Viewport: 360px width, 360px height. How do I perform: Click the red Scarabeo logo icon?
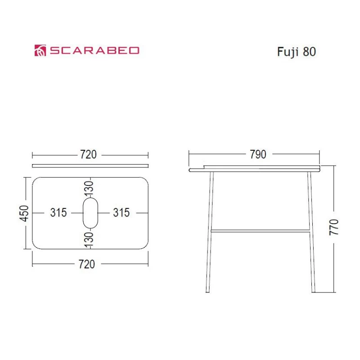(40, 50)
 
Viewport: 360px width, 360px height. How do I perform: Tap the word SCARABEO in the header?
(94, 50)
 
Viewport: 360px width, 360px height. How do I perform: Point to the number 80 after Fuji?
(310, 52)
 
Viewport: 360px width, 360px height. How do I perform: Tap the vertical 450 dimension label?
(25, 213)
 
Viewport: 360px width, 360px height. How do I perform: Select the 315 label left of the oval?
(58, 212)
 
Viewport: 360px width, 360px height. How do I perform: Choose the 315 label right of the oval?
(121, 212)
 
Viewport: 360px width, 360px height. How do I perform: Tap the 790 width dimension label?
(258, 154)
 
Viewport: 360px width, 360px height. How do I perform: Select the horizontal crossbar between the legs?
(260, 230)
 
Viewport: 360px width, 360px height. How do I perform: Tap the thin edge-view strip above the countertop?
(90, 166)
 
